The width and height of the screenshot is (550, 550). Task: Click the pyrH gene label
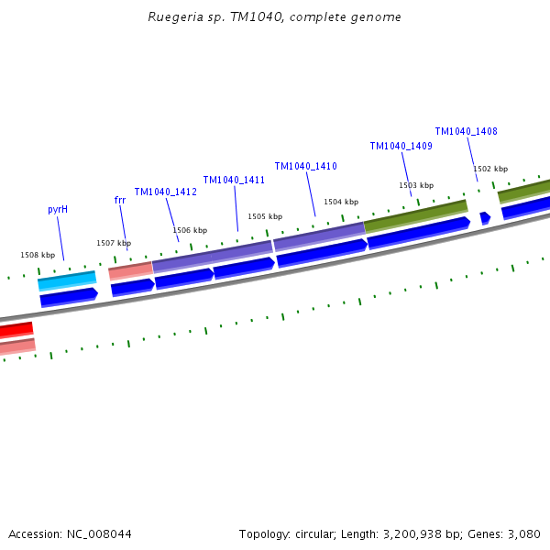click(58, 209)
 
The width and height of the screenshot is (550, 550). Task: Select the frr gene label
click(120, 200)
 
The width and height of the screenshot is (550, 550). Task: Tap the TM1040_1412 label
click(166, 192)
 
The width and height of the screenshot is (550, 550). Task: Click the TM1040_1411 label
click(234, 180)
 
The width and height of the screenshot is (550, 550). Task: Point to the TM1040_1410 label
click(306, 166)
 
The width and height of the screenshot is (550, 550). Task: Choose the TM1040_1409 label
click(401, 146)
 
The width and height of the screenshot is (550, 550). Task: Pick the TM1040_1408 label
click(467, 131)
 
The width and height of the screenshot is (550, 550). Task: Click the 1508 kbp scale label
click(38, 255)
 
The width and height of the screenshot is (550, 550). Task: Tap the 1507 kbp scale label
click(114, 243)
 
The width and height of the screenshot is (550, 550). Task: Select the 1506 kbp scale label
click(190, 230)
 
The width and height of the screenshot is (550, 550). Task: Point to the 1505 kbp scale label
click(265, 216)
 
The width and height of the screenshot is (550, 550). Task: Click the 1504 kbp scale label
click(341, 202)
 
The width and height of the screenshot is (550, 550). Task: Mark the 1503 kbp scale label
click(416, 185)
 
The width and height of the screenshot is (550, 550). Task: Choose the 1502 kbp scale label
click(490, 169)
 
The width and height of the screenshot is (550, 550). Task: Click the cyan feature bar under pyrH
click(67, 280)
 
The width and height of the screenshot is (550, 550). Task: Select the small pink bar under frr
click(130, 270)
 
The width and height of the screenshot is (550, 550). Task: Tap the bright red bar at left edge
click(16, 329)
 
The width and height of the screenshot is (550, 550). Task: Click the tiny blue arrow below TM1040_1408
click(485, 218)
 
